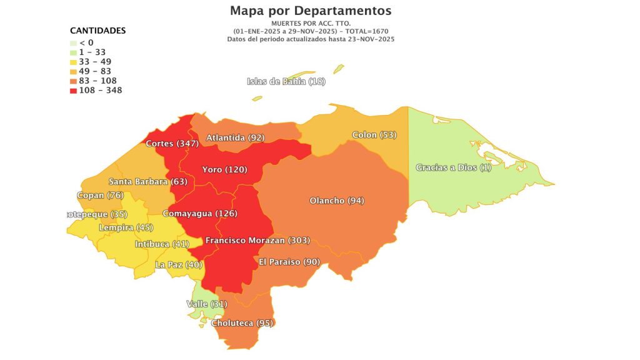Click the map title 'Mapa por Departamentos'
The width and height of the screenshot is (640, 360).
[x=311, y=11]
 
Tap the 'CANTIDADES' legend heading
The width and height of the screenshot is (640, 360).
[x=97, y=30]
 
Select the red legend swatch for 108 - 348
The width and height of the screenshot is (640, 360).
[x=73, y=91]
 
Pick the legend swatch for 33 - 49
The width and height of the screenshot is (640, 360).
[x=73, y=62]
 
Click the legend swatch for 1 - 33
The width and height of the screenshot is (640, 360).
[x=73, y=52]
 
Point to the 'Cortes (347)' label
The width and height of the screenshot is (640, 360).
[x=172, y=144]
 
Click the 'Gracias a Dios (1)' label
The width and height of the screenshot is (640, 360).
[x=454, y=167]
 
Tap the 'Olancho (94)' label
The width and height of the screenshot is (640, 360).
[x=337, y=201]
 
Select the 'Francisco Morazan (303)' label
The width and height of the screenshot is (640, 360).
[x=257, y=241]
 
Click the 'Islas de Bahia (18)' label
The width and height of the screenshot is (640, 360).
[x=286, y=81]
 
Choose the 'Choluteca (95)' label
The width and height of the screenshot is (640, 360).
[x=243, y=323]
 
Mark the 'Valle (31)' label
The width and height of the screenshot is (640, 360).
[x=206, y=304]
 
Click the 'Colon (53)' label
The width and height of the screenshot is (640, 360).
[x=374, y=135]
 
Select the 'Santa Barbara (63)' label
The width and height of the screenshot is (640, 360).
[x=147, y=182]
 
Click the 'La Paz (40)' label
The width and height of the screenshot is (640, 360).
[x=179, y=264]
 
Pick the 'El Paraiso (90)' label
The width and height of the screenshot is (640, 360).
[x=289, y=261]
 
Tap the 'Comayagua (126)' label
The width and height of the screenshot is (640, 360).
[x=199, y=214]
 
